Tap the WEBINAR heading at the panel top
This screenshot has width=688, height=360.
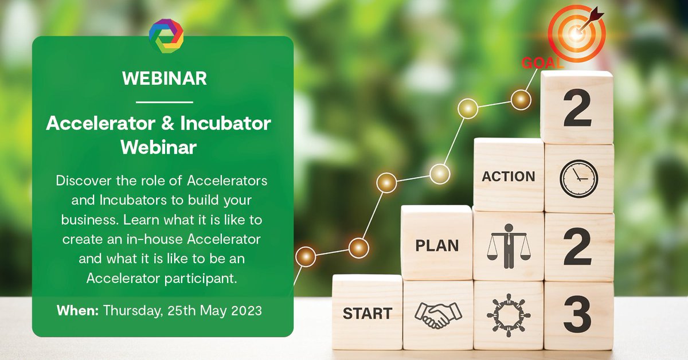pyautogui.click(x=165, y=79)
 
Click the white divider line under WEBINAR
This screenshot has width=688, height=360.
pyautogui.click(x=165, y=102)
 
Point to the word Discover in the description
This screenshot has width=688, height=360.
pyautogui.click(x=81, y=181)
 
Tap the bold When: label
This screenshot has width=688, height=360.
pyautogui.click(x=79, y=311)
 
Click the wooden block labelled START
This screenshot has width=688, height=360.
pyautogui.click(x=367, y=313)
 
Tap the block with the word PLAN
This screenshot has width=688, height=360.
pyautogui.click(x=437, y=246)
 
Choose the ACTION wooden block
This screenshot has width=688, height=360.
pyautogui.click(x=508, y=176)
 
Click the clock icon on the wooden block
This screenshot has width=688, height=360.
pyautogui.click(x=578, y=178)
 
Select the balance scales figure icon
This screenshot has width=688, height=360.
pyautogui.click(x=508, y=246)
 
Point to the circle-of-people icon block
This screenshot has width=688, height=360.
pyautogui.click(x=508, y=315)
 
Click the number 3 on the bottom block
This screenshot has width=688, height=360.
pyautogui.click(x=578, y=315)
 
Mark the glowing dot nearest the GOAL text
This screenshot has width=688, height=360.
pyautogui.click(x=521, y=100)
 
